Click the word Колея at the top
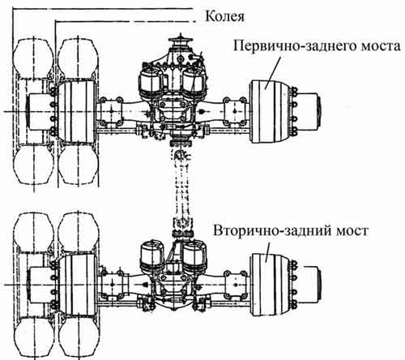coord(224,16)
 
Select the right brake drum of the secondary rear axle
coord(271,285)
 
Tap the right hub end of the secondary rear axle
coord(309,285)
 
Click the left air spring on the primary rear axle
coord(151,84)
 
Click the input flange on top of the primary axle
coord(179,41)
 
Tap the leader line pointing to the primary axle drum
coord(273,73)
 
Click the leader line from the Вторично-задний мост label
coord(268,252)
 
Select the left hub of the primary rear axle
coord(40,111)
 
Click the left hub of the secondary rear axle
coord(40,285)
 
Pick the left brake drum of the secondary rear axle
coord(78,285)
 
